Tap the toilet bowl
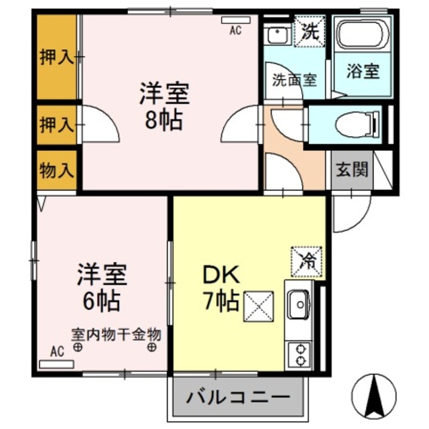coord(351,125)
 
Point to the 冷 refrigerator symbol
coord(307,259)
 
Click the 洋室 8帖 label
coord(165,105)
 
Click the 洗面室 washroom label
coord(294,78)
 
